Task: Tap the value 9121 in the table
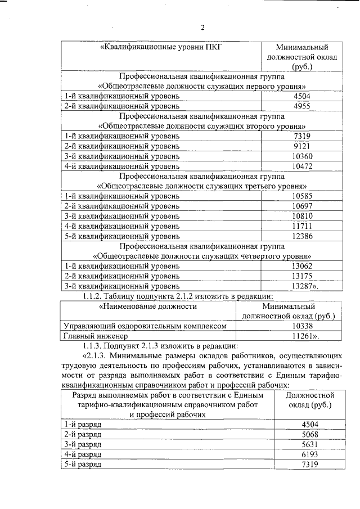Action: [x=301, y=146]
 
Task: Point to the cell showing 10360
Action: [x=301, y=156]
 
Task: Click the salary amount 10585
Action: [x=301, y=196]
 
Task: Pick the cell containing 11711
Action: [x=301, y=226]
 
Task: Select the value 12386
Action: [x=301, y=236]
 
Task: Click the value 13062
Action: [x=301, y=265]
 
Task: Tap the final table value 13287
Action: [x=304, y=286]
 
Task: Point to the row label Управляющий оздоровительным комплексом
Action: [x=145, y=326]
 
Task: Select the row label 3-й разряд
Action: [x=83, y=444]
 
